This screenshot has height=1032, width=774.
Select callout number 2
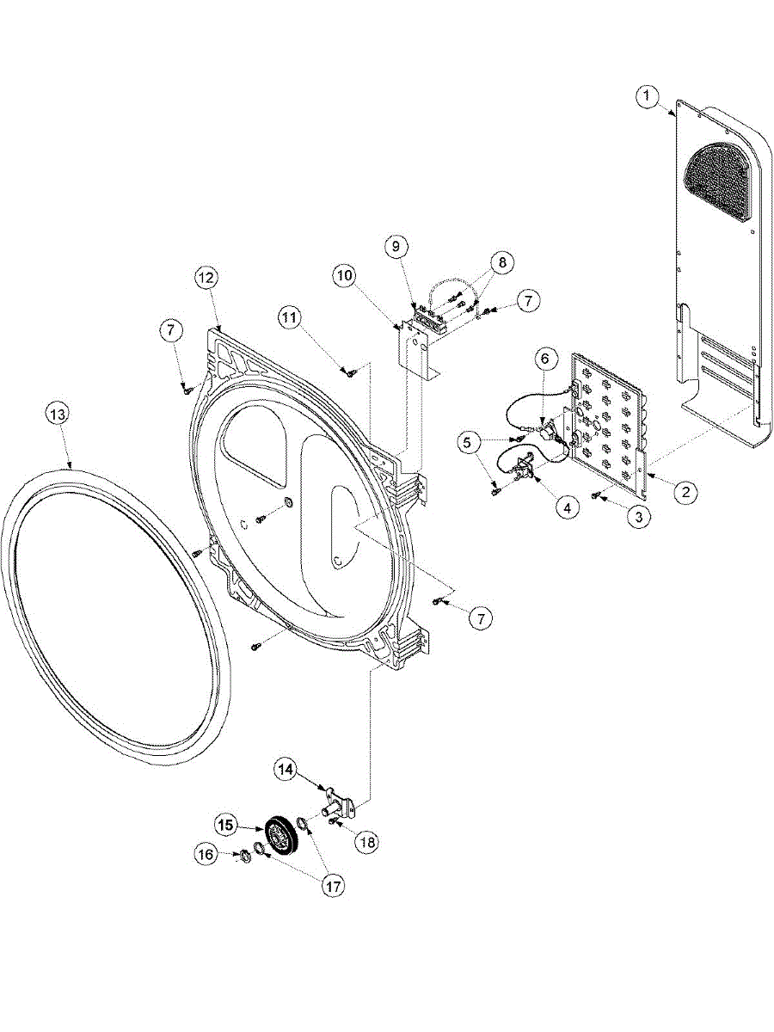click(x=685, y=493)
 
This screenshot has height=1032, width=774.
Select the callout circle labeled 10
click(x=345, y=276)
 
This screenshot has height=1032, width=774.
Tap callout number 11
click(x=289, y=316)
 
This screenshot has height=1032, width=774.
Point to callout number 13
click(x=57, y=415)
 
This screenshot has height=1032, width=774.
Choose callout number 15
click(x=226, y=825)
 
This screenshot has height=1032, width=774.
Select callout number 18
click(x=367, y=843)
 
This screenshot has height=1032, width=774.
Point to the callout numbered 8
click(x=502, y=260)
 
